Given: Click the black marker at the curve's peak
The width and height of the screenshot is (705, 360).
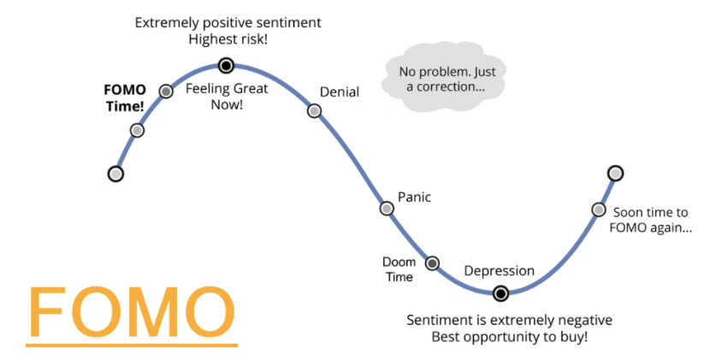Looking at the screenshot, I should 226,65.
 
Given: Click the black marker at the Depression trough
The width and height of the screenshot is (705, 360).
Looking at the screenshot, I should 501,293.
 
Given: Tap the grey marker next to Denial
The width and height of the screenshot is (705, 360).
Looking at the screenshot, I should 314,110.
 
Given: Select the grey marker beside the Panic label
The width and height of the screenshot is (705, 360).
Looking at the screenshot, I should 387,208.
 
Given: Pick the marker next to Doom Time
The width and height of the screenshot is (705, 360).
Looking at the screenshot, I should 432,263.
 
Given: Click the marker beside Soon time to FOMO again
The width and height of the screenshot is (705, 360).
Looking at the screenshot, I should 599,210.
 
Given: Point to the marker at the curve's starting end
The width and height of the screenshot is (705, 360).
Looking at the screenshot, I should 116,174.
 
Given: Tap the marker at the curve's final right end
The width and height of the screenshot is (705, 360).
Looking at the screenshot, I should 614,174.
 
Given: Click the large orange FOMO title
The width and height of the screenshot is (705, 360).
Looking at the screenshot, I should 132,313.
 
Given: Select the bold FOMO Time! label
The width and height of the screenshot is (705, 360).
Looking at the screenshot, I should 125,97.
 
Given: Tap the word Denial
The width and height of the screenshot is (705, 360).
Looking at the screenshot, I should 339,92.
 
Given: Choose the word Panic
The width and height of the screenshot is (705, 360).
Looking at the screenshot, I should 414,198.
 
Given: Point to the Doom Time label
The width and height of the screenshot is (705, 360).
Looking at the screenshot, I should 398,269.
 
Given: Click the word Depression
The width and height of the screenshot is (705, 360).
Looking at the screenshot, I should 499,271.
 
